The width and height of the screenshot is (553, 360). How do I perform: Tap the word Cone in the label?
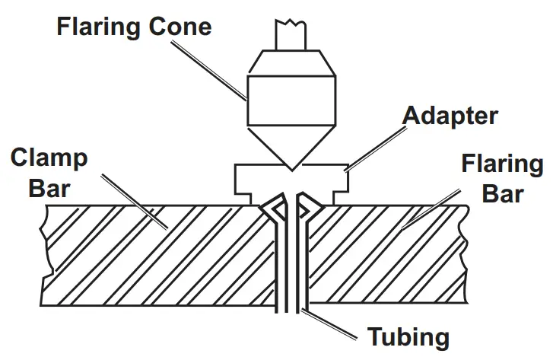[x=182, y=28]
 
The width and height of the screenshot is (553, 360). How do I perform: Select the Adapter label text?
[x=450, y=116]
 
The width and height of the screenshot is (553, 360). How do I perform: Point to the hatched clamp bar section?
[x=152, y=251]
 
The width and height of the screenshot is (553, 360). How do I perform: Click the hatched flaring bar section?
[x=396, y=251]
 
